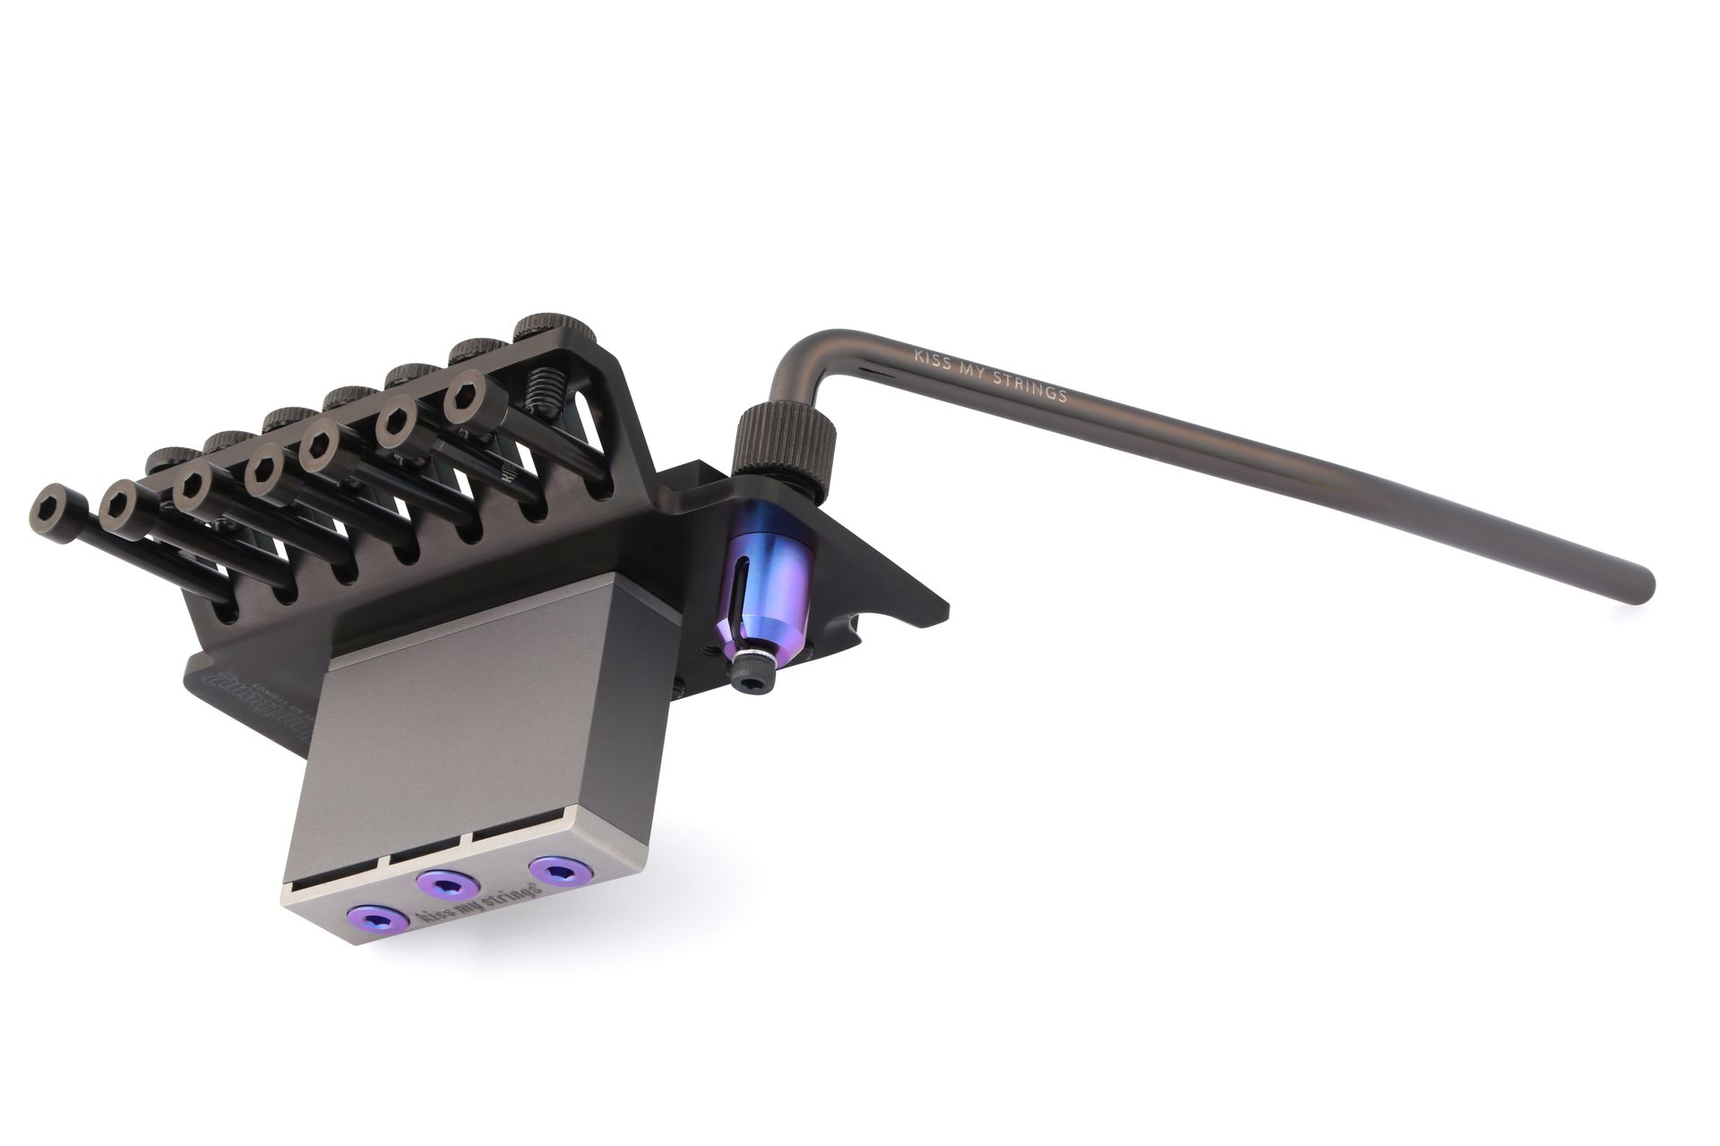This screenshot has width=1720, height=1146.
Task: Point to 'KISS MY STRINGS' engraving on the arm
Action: (x=989, y=375)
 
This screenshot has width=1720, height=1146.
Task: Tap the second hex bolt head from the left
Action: (x=125, y=504)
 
